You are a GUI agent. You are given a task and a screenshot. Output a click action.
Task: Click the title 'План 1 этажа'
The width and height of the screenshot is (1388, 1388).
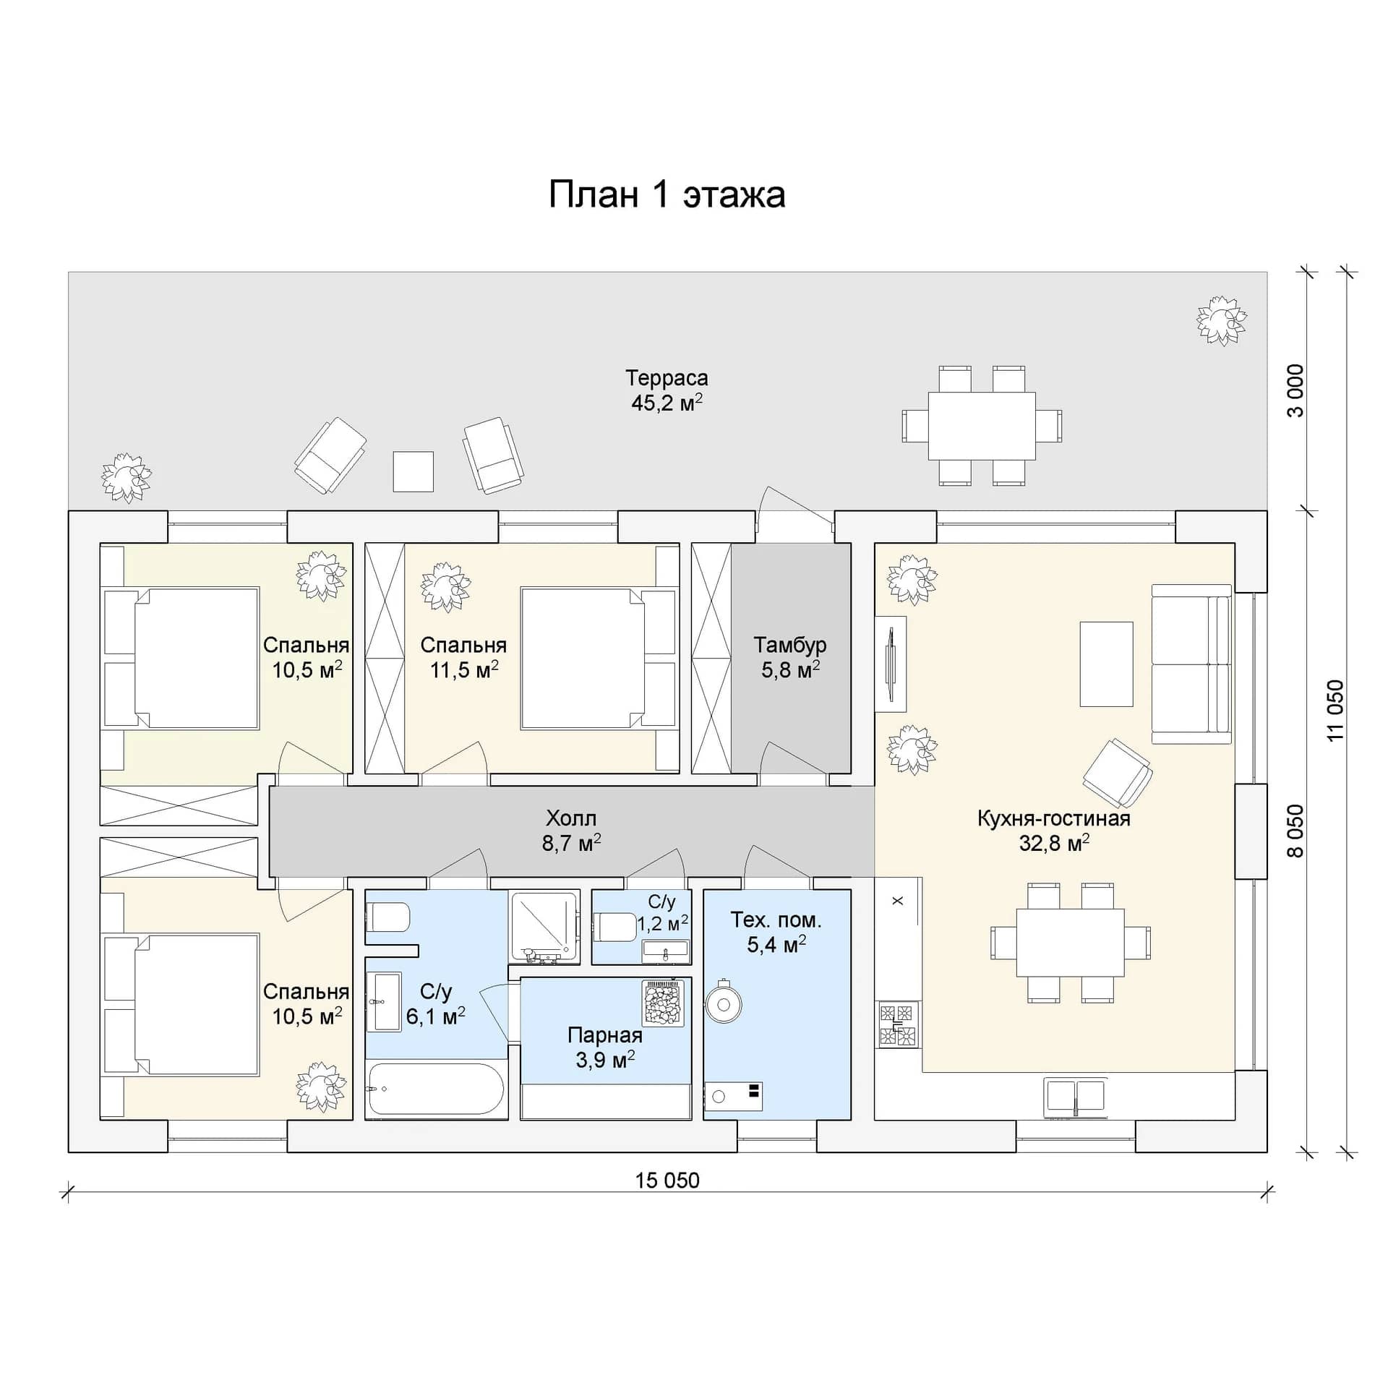click(667, 195)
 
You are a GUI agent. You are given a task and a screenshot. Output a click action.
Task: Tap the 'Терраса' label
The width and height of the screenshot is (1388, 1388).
click(666, 378)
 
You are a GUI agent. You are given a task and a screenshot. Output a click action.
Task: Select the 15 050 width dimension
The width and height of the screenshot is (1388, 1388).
click(667, 1181)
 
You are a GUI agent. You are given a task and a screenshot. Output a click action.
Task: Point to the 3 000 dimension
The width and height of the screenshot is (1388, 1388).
click(1298, 390)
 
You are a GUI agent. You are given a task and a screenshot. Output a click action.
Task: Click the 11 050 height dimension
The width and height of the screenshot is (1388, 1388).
click(1336, 709)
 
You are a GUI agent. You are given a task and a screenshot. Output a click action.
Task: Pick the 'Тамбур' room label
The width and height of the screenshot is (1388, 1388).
click(789, 645)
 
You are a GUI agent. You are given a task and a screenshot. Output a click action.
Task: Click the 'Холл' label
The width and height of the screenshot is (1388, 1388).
click(571, 818)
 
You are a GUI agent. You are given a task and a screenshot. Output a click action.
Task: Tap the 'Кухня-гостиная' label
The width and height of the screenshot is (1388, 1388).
click(1053, 818)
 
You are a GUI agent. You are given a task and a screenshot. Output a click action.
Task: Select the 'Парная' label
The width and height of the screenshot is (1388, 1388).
click(604, 1035)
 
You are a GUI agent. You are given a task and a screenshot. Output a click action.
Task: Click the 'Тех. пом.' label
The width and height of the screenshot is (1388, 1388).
click(776, 920)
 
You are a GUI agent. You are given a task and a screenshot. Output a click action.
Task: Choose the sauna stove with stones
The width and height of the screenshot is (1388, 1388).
click(662, 1002)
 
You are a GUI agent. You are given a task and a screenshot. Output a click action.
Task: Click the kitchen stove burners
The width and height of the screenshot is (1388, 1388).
click(898, 1025)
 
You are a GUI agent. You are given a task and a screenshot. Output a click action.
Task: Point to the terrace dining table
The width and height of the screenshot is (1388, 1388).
click(981, 426)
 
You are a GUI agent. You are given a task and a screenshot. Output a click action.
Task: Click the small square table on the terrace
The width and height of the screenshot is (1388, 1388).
click(413, 471)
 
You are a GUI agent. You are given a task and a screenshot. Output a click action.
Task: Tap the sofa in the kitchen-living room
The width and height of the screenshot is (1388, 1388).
click(1191, 664)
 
